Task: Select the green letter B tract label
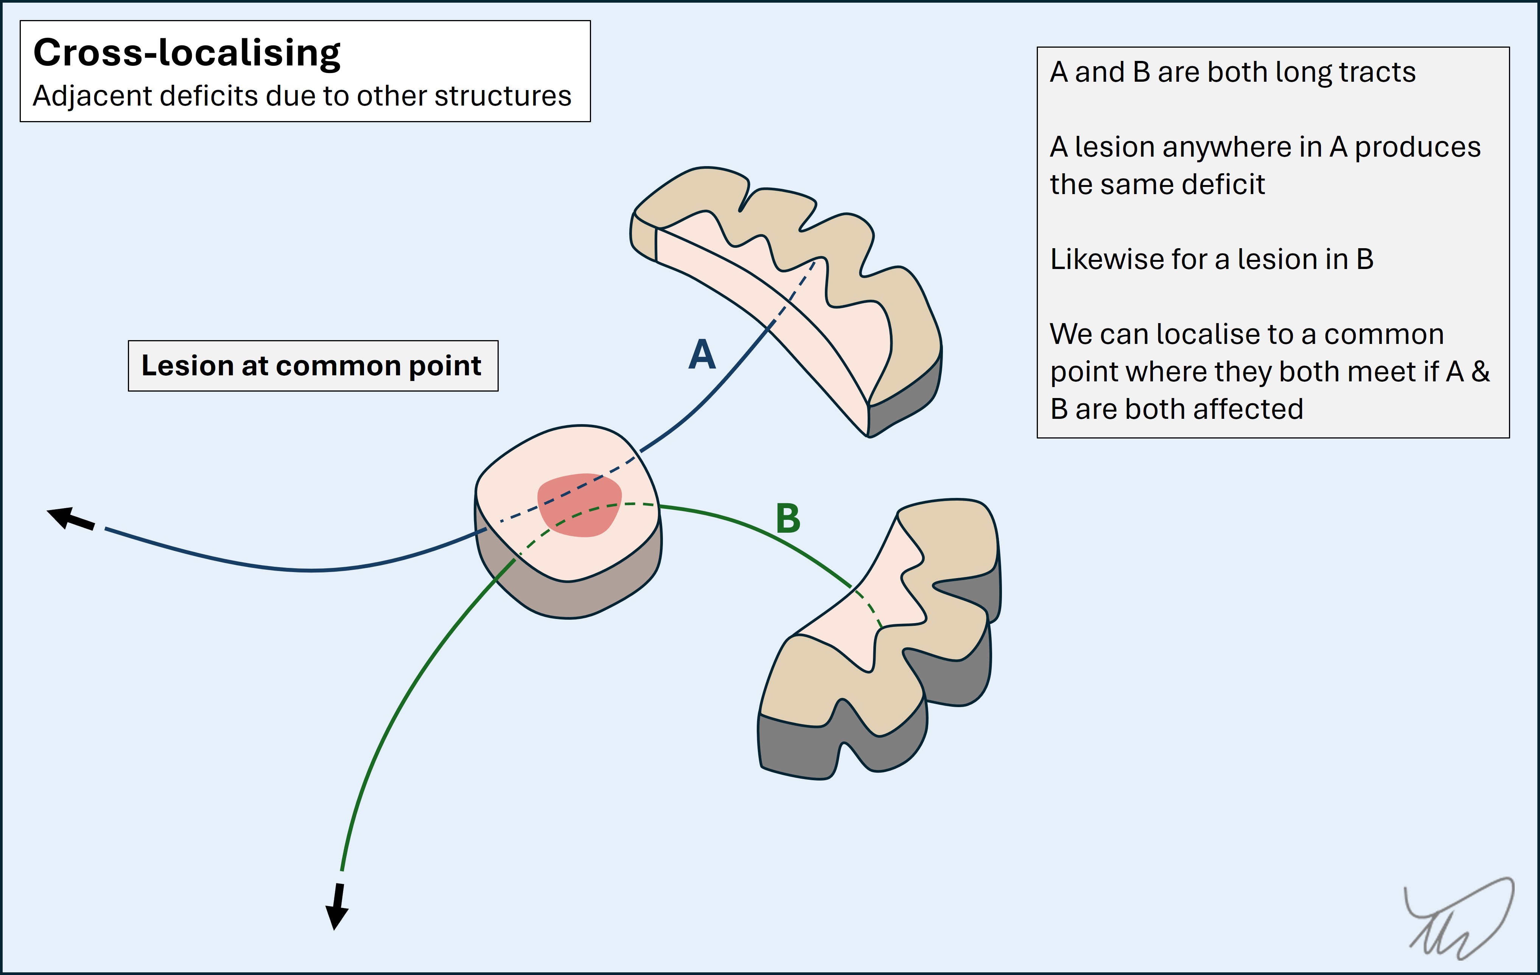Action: (x=788, y=518)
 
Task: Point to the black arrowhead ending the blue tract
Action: (x=64, y=516)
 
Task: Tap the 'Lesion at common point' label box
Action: (x=313, y=366)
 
